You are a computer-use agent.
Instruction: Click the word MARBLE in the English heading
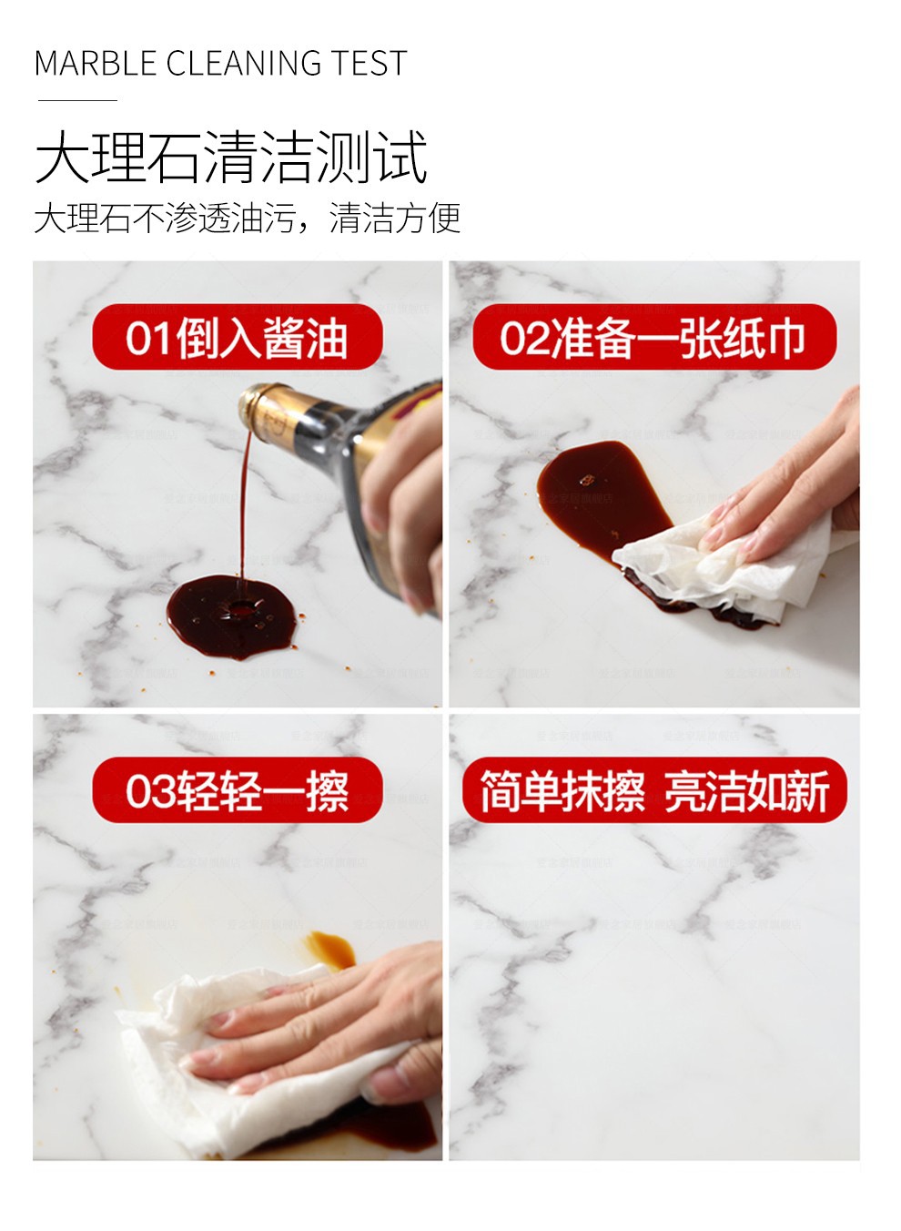pyautogui.click(x=96, y=63)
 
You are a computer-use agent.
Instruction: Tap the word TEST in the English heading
pyautogui.click(x=370, y=63)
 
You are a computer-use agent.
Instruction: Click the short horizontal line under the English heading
pyautogui.click(x=77, y=100)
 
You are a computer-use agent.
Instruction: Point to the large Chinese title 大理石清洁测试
pyautogui.click(x=231, y=157)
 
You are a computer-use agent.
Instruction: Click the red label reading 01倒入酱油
pyautogui.click(x=238, y=337)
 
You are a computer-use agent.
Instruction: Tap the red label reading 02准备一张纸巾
pyautogui.click(x=654, y=337)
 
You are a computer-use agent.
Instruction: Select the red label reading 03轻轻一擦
pyautogui.click(x=238, y=791)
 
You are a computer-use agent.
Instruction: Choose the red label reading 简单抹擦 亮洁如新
pyautogui.click(x=654, y=791)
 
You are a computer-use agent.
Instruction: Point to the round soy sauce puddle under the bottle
pyautogui.click(x=232, y=616)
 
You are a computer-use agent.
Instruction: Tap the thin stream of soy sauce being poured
pyautogui.click(x=243, y=505)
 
